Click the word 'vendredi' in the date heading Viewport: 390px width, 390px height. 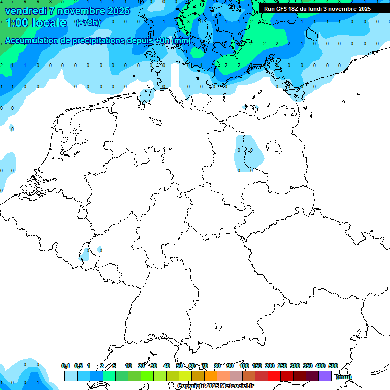25,11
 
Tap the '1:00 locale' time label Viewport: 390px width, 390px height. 36,23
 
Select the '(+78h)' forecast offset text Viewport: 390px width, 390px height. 87,23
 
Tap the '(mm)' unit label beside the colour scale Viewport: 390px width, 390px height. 344,377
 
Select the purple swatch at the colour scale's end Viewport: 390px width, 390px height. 325,376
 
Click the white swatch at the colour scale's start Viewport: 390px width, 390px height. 58,376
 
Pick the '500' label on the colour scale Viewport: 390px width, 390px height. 333,366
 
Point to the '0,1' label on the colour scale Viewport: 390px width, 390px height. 66,366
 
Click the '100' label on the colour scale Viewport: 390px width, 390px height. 244,366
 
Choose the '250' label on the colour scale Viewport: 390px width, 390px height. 282,366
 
